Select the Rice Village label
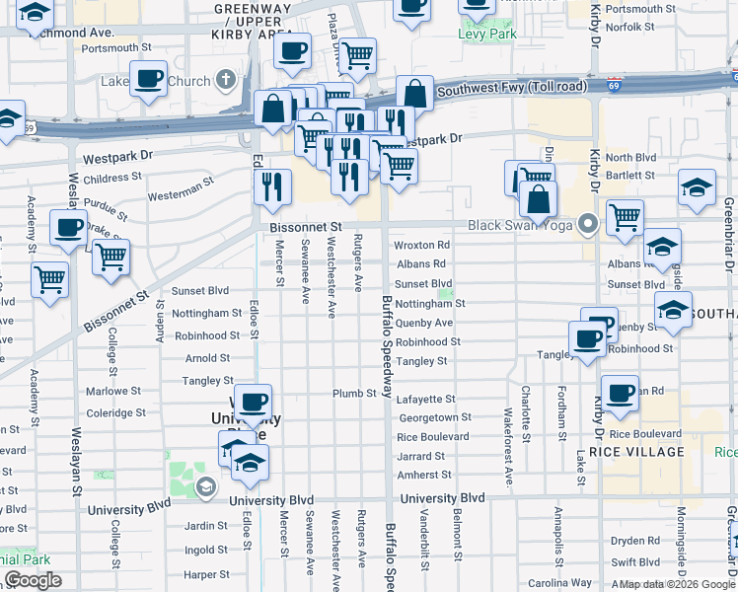(636, 452)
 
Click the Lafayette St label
(425, 400)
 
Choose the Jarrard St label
(422, 457)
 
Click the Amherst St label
(423, 476)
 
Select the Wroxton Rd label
(421, 245)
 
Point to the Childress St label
(112, 178)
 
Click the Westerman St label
(182, 189)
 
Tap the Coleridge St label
(115, 413)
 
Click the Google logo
(33, 580)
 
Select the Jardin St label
(206, 526)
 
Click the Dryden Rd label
(634, 541)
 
